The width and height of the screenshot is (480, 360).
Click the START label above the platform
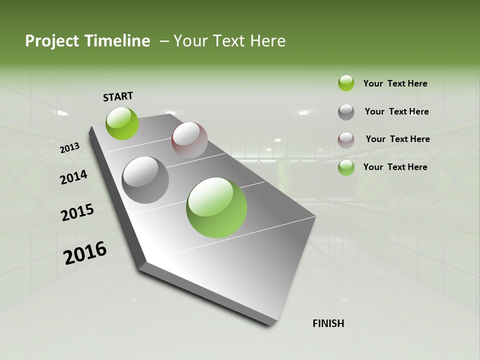coord(118,96)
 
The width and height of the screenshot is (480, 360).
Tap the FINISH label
coord(328,323)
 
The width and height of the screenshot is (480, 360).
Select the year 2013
coord(70,147)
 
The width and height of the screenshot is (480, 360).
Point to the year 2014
coord(74,177)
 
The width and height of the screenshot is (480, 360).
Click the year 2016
coord(85,253)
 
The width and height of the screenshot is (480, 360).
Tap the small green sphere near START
coord(122,123)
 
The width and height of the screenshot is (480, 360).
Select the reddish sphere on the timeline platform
coord(189,140)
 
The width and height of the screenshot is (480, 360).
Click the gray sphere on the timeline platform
coord(145,180)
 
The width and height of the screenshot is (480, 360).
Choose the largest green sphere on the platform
coord(216,207)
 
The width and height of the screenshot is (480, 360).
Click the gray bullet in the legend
coord(346,112)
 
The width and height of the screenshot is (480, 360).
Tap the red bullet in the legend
coord(346,140)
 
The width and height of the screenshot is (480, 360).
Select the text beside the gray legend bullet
coord(396,111)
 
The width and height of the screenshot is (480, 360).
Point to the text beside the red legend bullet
coord(397,139)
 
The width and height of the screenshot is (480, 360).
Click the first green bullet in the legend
coord(346,83)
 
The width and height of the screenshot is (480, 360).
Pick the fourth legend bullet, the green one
coord(346,167)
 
